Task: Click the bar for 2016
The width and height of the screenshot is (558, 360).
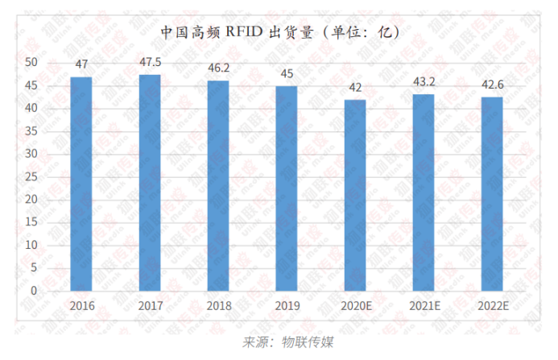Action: pyautogui.click(x=81, y=184)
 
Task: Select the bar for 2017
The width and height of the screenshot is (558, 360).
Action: pyautogui.click(x=149, y=182)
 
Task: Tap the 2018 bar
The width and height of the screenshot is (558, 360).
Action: pyautogui.click(x=217, y=185)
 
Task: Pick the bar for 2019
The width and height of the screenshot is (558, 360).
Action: pyautogui.click(x=287, y=188)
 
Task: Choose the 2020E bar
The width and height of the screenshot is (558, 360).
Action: pyautogui.click(x=354, y=195)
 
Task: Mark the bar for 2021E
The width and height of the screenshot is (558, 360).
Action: pyautogui.click(x=424, y=192)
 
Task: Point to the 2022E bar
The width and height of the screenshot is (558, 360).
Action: pyautogui.click(x=492, y=193)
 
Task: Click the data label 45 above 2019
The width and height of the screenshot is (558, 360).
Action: pyautogui.click(x=287, y=72)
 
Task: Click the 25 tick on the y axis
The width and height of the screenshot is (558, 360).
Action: pyautogui.click(x=31, y=176)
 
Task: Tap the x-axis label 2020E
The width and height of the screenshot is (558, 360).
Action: pyautogui.click(x=355, y=306)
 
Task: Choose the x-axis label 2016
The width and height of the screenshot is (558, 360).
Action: pyautogui.click(x=81, y=306)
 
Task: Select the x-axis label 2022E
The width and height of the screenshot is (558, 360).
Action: pyautogui.click(x=492, y=306)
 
